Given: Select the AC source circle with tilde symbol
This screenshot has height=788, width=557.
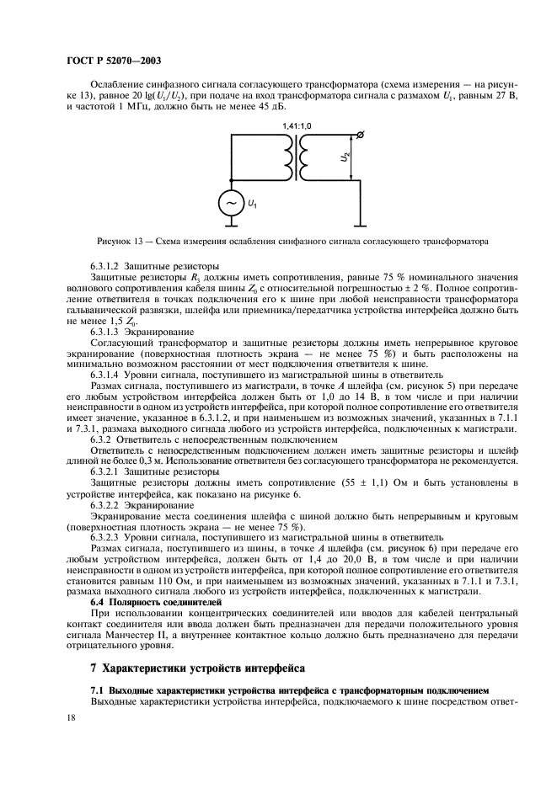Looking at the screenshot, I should click(231, 203).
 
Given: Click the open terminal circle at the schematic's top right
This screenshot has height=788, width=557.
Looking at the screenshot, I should click(362, 135).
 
